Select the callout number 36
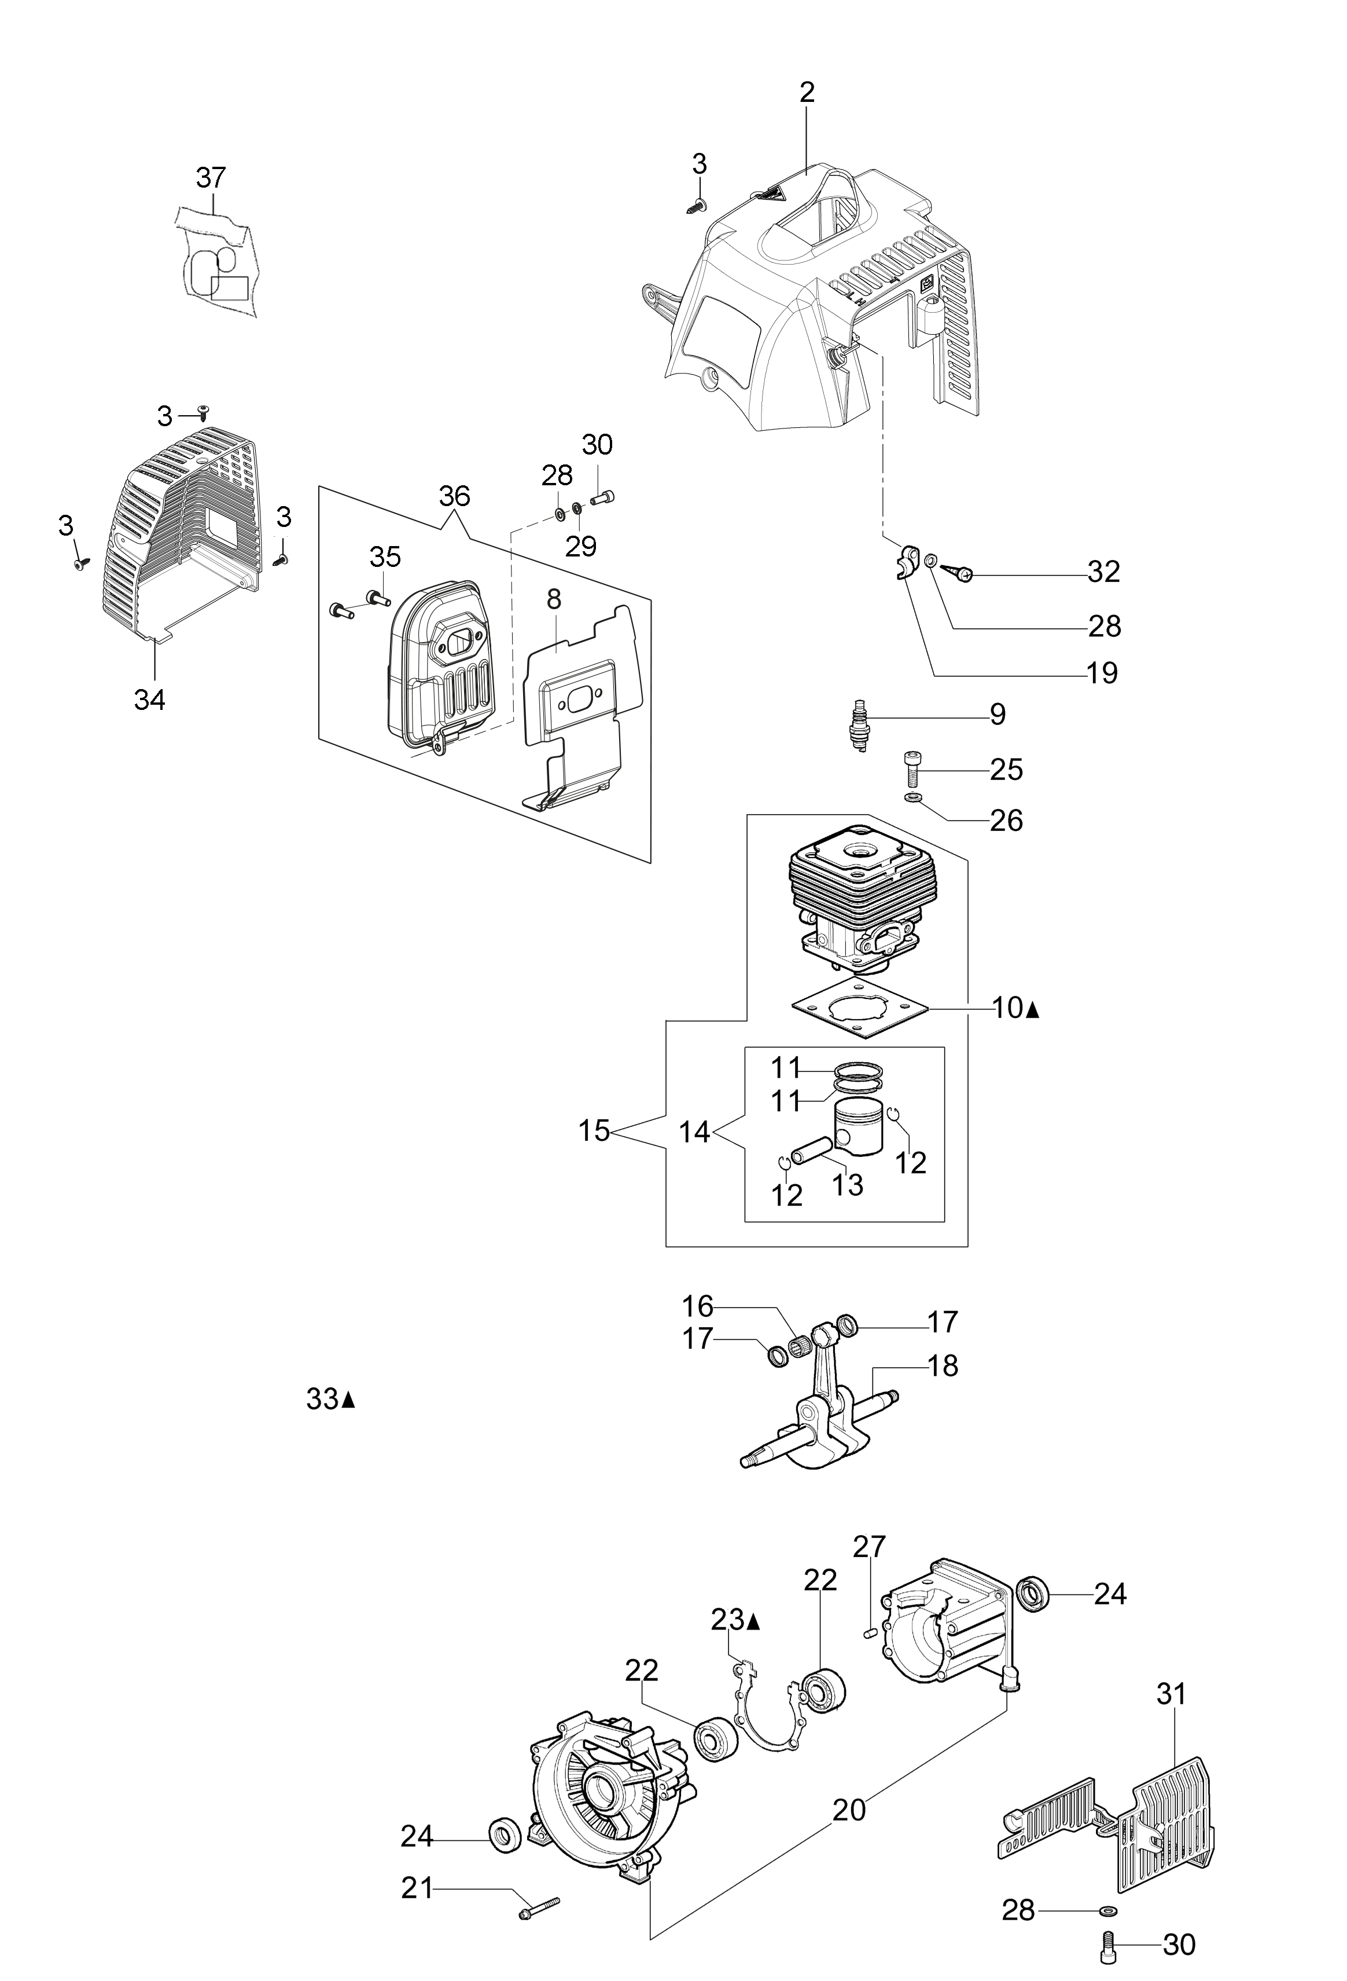(x=455, y=496)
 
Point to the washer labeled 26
(x=912, y=798)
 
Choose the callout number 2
(x=807, y=92)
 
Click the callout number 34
(x=150, y=700)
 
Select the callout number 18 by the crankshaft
(x=943, y=1365)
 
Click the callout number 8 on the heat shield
(x=554, y=599)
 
